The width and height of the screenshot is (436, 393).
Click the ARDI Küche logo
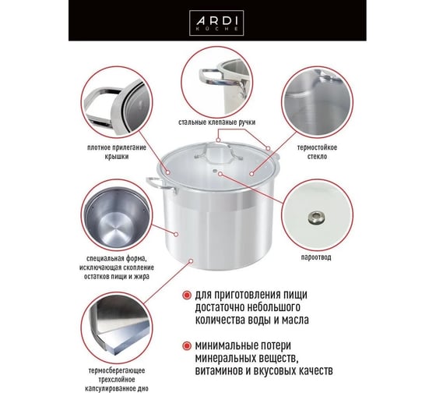[x=216, y=23]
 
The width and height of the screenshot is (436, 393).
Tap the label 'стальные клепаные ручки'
[x=217, y=122]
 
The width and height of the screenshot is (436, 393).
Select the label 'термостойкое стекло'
[x=317, y=151]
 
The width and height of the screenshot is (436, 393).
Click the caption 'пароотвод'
[x=316, y=257]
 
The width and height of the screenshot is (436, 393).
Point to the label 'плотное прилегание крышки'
[x=117, y=152]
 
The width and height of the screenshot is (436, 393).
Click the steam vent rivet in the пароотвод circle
[x=316, y=218]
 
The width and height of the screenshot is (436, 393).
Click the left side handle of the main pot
[x=160, y=185]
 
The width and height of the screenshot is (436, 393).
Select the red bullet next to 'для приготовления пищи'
[x=187, y=295]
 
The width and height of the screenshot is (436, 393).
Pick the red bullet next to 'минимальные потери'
[x=187, y=346]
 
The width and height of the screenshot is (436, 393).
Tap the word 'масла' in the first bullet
[x=295, y=320]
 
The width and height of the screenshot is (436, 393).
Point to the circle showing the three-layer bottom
[x=117, y=328]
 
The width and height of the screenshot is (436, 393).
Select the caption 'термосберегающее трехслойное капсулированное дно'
[x=117, y=379]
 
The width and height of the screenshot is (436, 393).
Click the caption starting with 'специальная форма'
[x=117, y=267]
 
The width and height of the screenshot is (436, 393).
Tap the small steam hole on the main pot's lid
[x=214, y=170]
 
